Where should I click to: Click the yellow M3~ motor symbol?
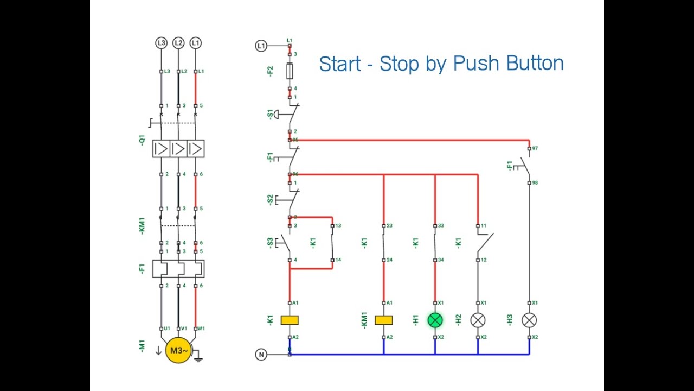pos(178,350)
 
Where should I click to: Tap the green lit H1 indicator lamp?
pos(435,320)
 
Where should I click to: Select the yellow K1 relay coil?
pos(290,320)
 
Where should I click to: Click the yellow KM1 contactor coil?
pos(384,320)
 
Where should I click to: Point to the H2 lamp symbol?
pos(478,320)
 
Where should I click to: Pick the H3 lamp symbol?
pos(529,320)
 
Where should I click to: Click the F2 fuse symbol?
pos(290,71)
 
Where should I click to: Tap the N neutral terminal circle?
pos(261,355)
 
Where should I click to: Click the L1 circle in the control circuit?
pos(261,46)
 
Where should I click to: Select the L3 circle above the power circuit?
pos(161,43)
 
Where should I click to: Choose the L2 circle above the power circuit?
pos(178,43)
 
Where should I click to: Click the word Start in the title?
pos(339,64)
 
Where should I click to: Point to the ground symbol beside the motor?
pos(198,357)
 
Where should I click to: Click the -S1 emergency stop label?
pos(271,115)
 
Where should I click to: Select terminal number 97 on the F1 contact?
pos(535,148)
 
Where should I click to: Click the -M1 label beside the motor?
pos(142,346)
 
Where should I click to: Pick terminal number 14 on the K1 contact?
pos(338,260)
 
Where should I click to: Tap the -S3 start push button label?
pos(271,243)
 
